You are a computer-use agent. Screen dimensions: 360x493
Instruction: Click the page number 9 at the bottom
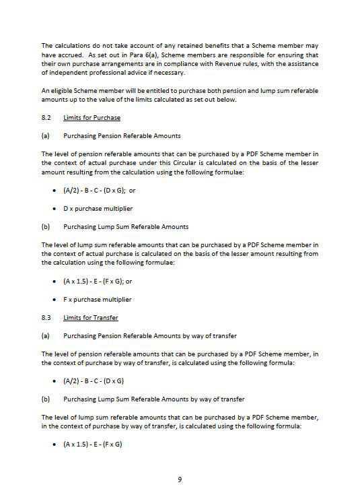coord(180,479)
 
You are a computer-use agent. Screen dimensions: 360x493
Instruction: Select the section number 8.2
coord(46,117)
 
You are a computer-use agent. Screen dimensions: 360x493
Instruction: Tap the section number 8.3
coord(46,317)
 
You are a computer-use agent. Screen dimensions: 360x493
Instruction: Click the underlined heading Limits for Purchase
coord(92,117)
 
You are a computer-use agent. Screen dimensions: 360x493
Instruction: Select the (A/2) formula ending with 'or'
coord(100,190)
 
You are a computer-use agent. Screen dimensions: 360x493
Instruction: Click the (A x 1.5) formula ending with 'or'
coord(103,281)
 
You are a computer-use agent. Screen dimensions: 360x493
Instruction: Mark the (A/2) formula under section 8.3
coord(94,381)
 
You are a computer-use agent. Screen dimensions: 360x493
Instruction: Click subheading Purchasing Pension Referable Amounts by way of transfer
coord(150,335)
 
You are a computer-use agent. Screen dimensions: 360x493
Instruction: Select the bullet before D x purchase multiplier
coord(54,208)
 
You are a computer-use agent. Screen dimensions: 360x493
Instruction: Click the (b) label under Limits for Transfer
coord(46,399)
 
